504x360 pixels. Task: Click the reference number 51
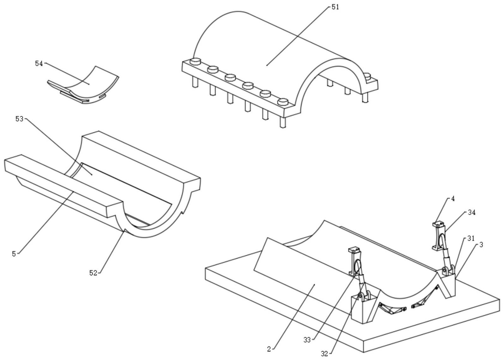(335, 7)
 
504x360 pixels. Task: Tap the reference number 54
(39, 64)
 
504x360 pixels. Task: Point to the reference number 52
(93, 273)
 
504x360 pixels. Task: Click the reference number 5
(14, 254)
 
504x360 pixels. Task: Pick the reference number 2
(269, 349)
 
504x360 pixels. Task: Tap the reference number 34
(471, 213)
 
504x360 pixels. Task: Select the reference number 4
(453, 199)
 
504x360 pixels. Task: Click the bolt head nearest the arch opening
(283, 102)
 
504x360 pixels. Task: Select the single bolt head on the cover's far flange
(367, 76)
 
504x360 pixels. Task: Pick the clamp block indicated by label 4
(439, 225)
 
